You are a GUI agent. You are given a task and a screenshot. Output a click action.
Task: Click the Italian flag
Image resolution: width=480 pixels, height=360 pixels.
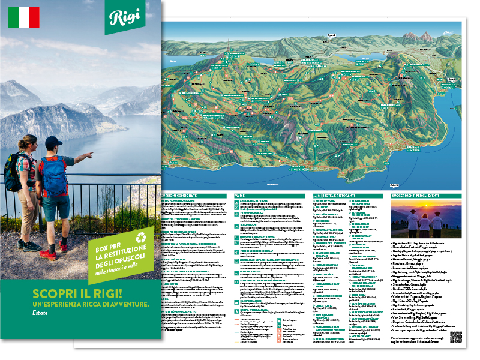[24, 17]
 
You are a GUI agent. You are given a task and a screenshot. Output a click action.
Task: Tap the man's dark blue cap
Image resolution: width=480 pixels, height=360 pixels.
[52, 142]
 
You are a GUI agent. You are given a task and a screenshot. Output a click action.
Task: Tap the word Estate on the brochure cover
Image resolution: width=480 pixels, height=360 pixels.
[40, 312]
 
